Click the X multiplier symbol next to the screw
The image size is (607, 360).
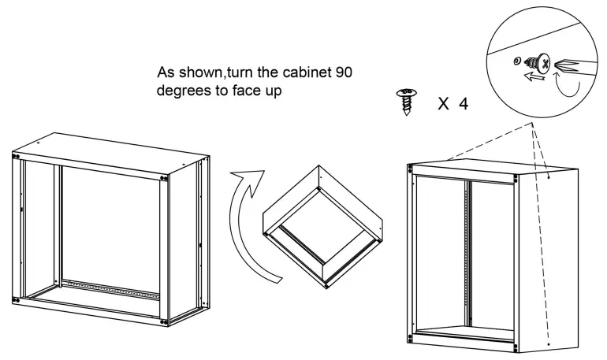pyautogui.click(x=442, y=103)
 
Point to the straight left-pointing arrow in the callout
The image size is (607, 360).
pyautogui.click(x=538, y=77)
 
